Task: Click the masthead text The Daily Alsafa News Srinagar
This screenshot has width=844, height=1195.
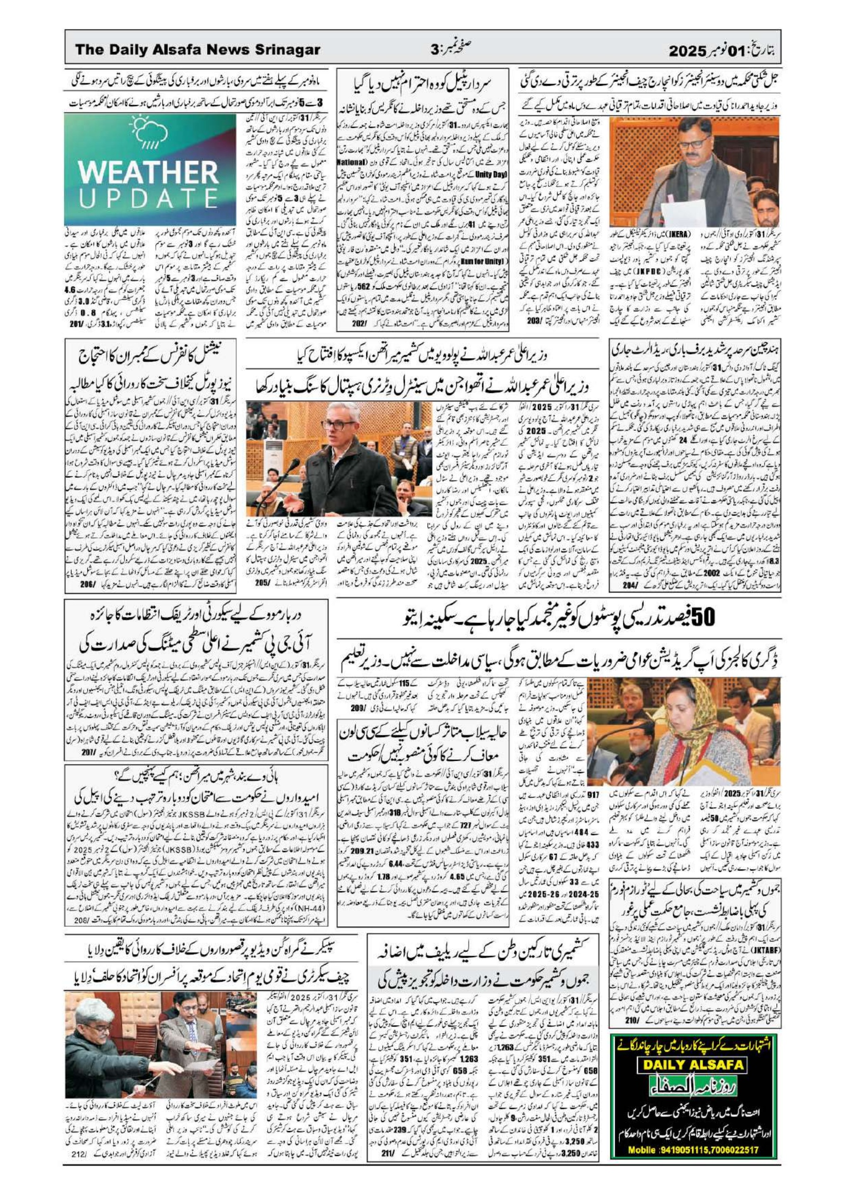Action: (x=197, y=50)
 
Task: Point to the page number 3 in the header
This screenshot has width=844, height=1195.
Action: (x=435, y=51)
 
